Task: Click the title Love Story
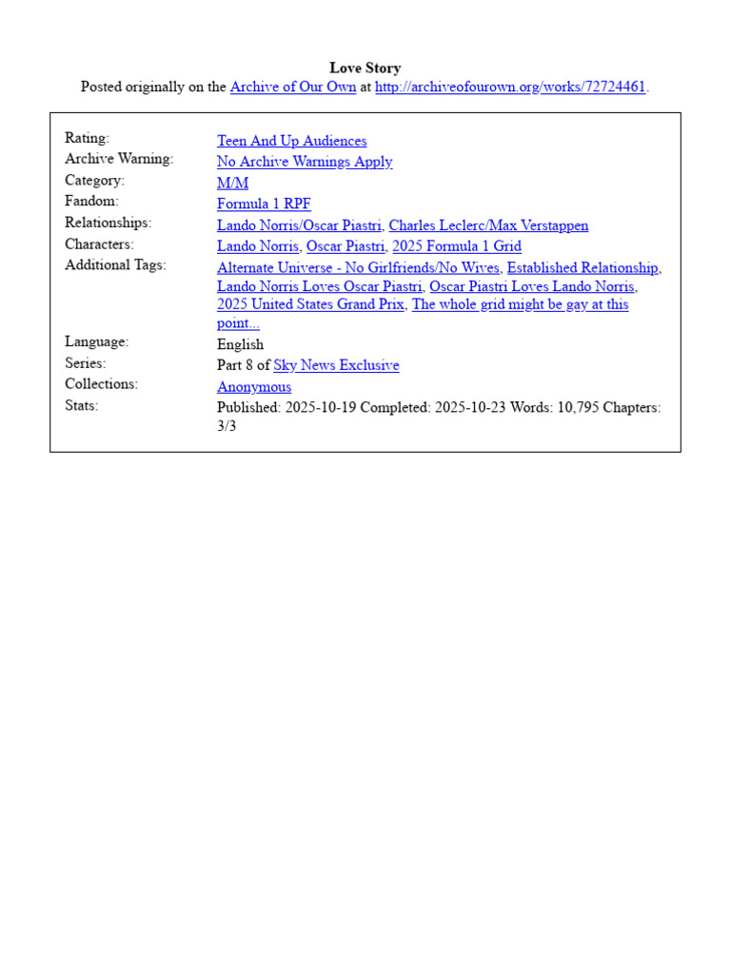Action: [365, 68]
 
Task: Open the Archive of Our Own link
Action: [293, 87]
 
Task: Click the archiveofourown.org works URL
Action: [510, 87]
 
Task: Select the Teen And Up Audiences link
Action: [291, 141]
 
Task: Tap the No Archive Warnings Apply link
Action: [305, 162]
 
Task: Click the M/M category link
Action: [232, 183]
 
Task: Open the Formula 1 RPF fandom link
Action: [264, 204]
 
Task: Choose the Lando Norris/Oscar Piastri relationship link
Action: [299, 225]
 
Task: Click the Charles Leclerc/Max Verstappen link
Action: [488, 225]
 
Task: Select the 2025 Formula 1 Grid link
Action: [457, 246]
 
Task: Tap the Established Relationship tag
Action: [583, 268]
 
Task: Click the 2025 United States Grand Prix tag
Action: [310, 304]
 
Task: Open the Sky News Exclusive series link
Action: [336, 365]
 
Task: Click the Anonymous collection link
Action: [254, 387]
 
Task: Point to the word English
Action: [240, 344]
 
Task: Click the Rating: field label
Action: [87, 139]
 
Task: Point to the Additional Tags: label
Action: [115, 265]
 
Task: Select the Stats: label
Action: [82, 405]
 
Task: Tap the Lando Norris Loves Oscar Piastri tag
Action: [319, 286]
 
